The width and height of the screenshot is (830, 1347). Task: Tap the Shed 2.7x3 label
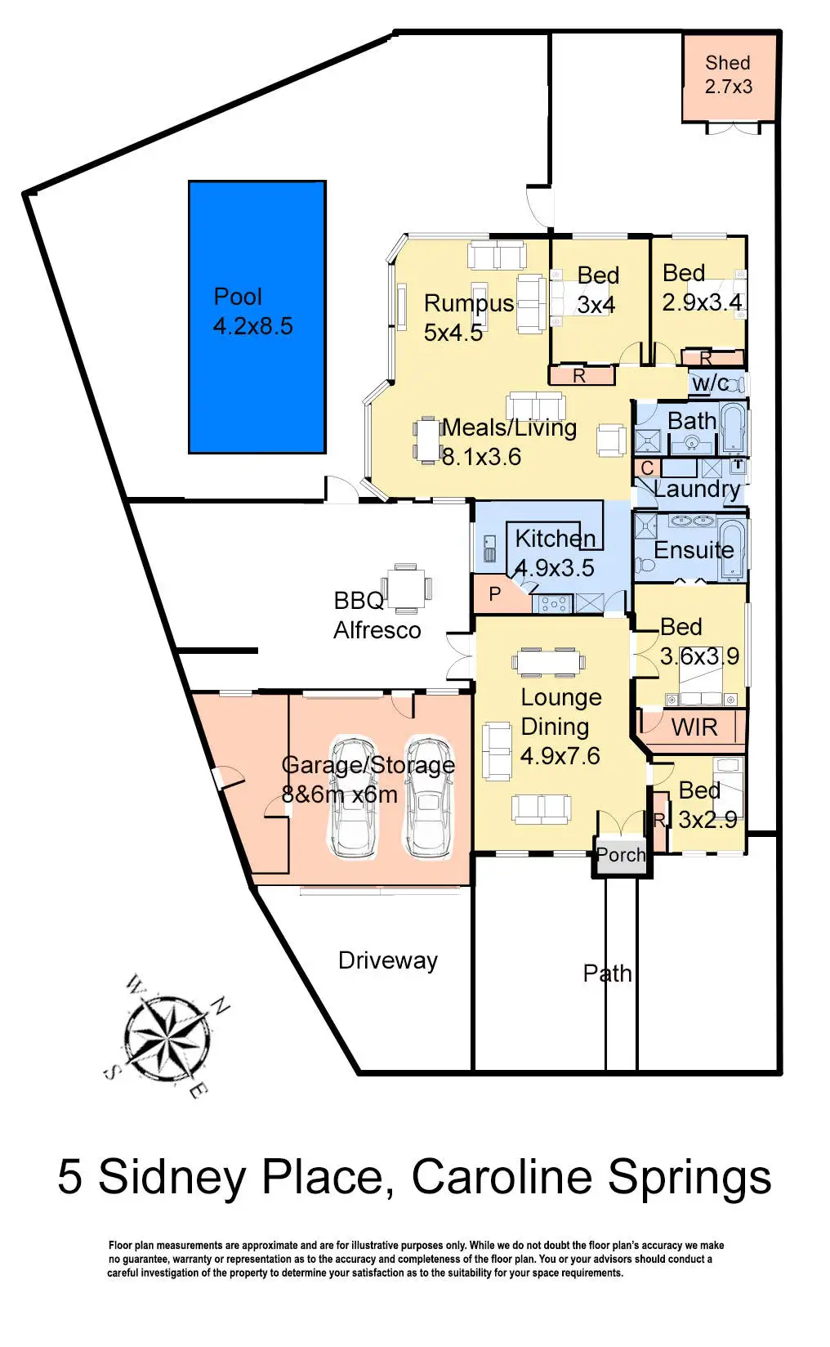click(728, 74)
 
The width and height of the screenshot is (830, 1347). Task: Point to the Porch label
click(621, 855)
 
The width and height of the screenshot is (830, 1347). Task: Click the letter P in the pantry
click(495, 593)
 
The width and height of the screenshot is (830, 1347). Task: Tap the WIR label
click(694, 727)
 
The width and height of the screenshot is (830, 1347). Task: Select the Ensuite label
click(694, 549)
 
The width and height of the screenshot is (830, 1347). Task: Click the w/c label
click(709, 383)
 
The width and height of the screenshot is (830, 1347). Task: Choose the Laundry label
click(697, 489)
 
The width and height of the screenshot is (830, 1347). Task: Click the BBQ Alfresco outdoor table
click(406, 587)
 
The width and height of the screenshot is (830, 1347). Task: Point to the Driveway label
click(388, 960)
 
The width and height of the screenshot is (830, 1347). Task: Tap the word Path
click(607, 973)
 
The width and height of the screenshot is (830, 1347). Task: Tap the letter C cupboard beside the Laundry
click(647, 468)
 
